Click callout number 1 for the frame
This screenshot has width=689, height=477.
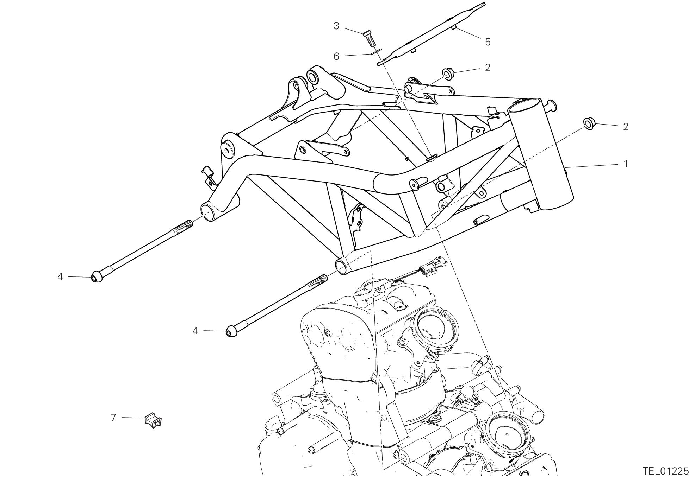[626, 164]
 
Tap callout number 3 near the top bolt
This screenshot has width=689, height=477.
[336, 26]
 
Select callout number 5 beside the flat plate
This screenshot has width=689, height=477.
[488, 42]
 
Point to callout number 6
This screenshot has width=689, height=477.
[336, 56]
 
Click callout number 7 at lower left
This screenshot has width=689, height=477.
[113, 418]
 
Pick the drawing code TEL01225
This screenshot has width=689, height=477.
[665, 471]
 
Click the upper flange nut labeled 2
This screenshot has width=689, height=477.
[448, 74]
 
